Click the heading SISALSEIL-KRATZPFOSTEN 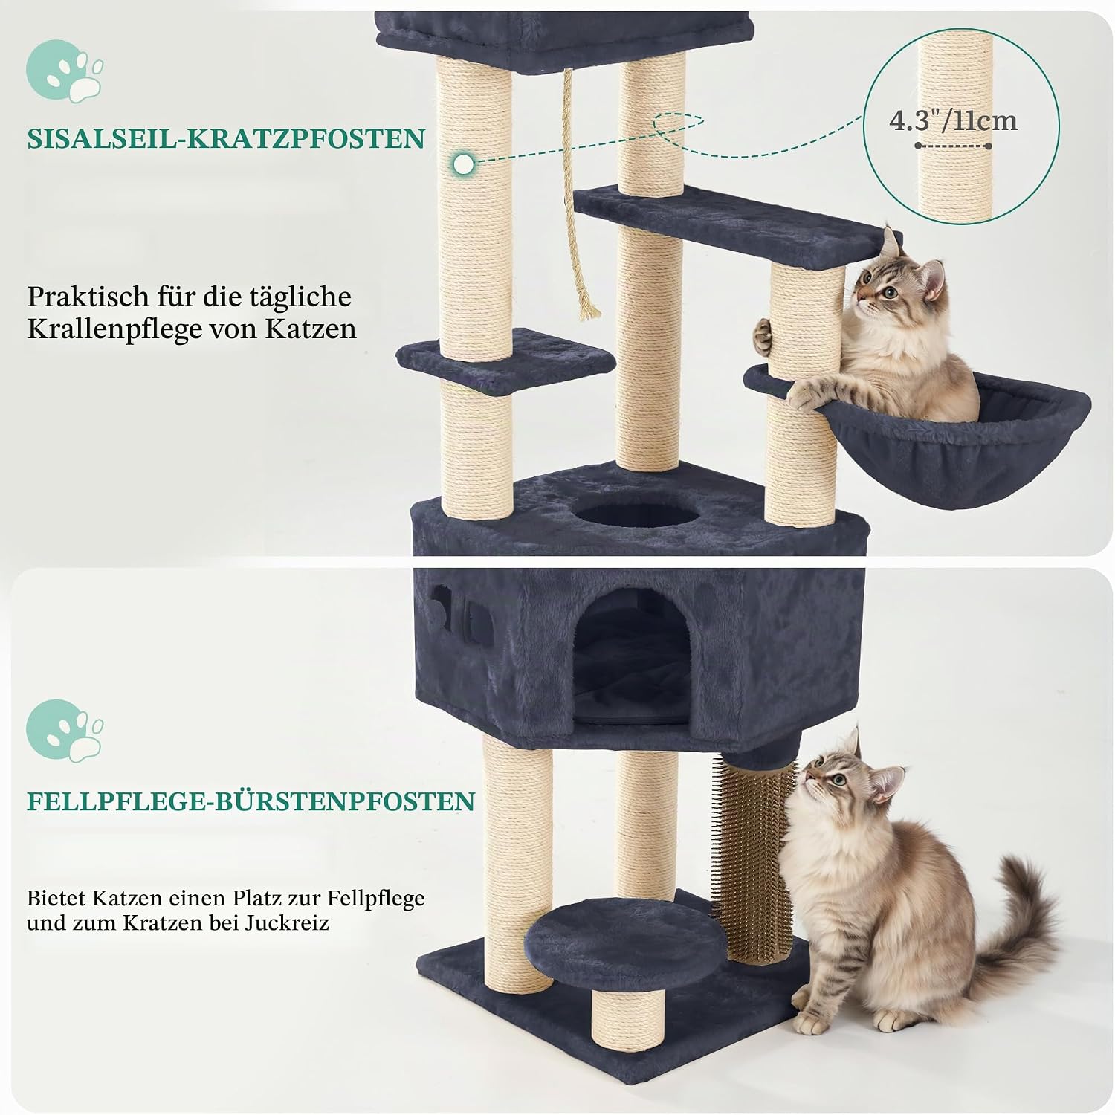click(x=226, y=139)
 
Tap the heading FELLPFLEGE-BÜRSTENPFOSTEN click(x=251, y=801)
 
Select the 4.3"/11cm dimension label click(x=953, y=120)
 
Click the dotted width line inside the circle click(x=953, y=146)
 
